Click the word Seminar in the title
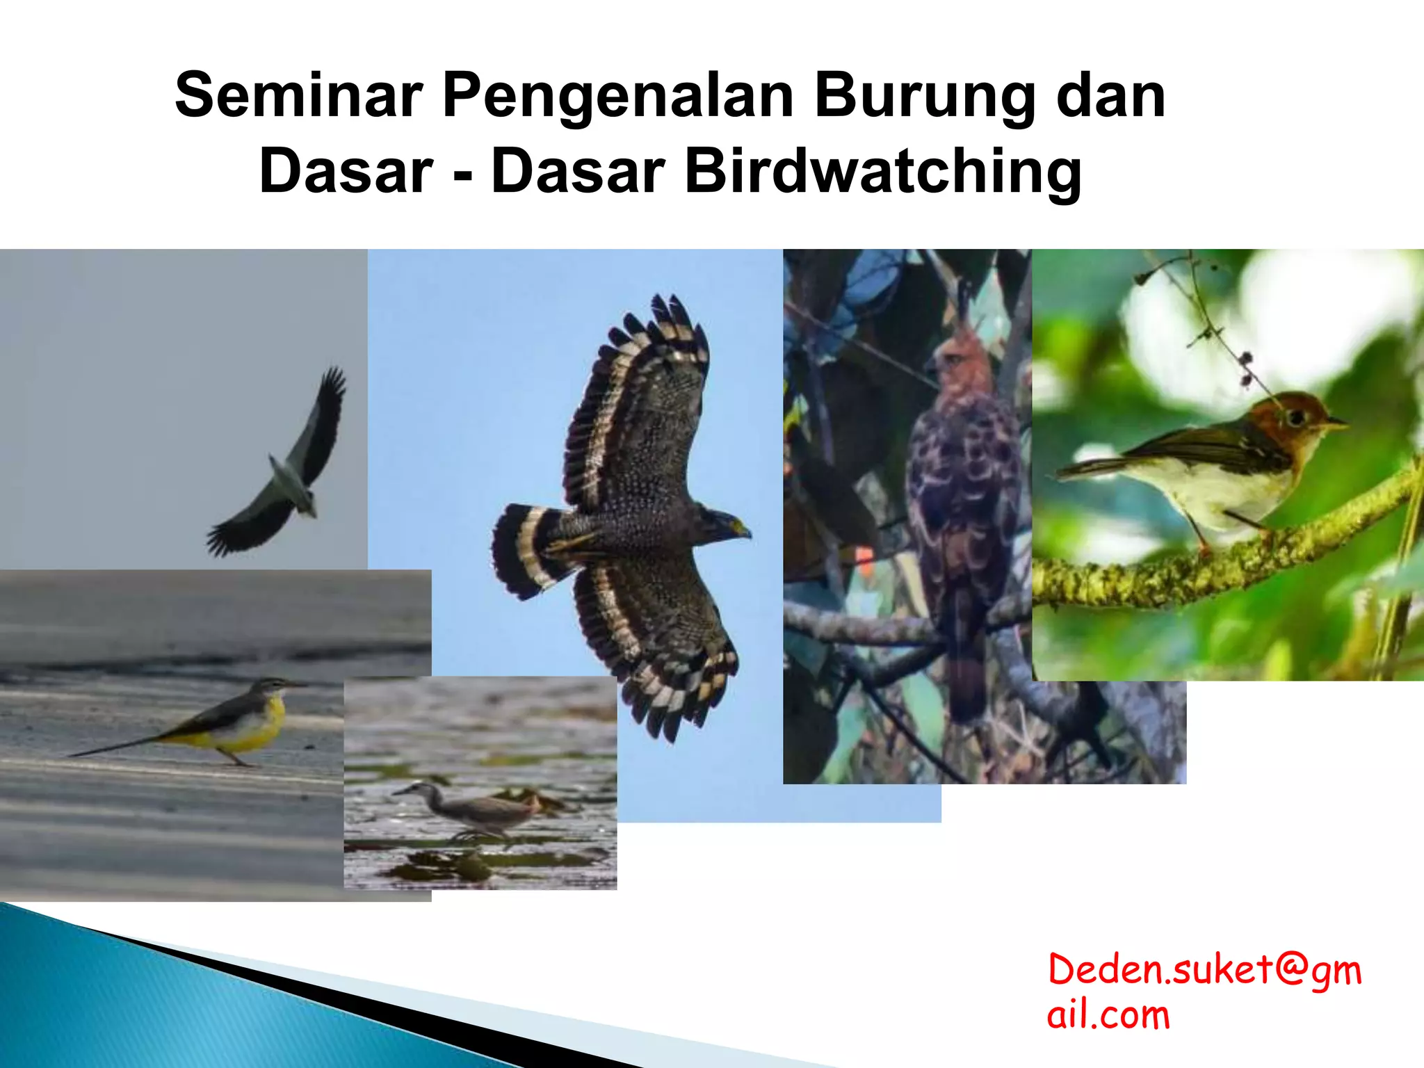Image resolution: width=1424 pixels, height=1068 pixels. click(x=299, y=95)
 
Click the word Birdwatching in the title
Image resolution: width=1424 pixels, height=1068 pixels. click(x=883, y=172)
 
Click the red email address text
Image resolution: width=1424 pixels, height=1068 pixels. click(x=1203, y=992)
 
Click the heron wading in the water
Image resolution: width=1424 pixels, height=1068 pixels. click(x=473, y=810)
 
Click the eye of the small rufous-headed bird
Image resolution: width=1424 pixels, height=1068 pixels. click(x=1295, y=418)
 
